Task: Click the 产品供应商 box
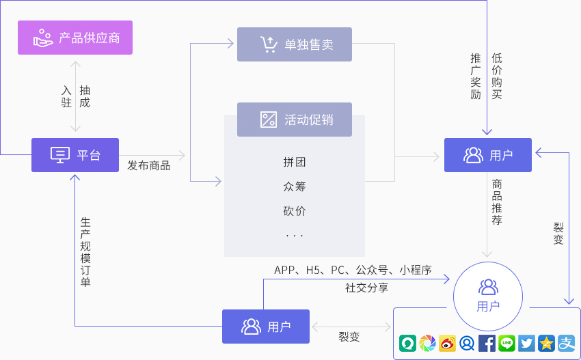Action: [75, 38]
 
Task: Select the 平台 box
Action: [75, 155]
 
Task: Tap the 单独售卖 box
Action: [294, 44]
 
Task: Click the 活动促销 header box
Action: [294, 120]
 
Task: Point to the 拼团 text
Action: [294, 162]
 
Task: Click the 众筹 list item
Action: [294, 186]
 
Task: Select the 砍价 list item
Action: [294, 211]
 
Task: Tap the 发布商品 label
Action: [149, 165]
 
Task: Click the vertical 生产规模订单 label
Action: [85, 252]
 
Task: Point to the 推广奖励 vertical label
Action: [476, 76]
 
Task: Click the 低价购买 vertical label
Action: [497, 76]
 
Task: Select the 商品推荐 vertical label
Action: [497, 202]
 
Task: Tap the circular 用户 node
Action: [487, 294]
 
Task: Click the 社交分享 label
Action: [366, 288]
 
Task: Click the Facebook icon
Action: [487, 344]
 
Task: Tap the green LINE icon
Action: [506, 344]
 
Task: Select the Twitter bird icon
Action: [526, 344]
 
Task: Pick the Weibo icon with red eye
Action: [447, 344]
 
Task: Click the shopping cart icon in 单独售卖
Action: [269, 44]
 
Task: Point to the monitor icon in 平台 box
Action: [60, 155]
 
